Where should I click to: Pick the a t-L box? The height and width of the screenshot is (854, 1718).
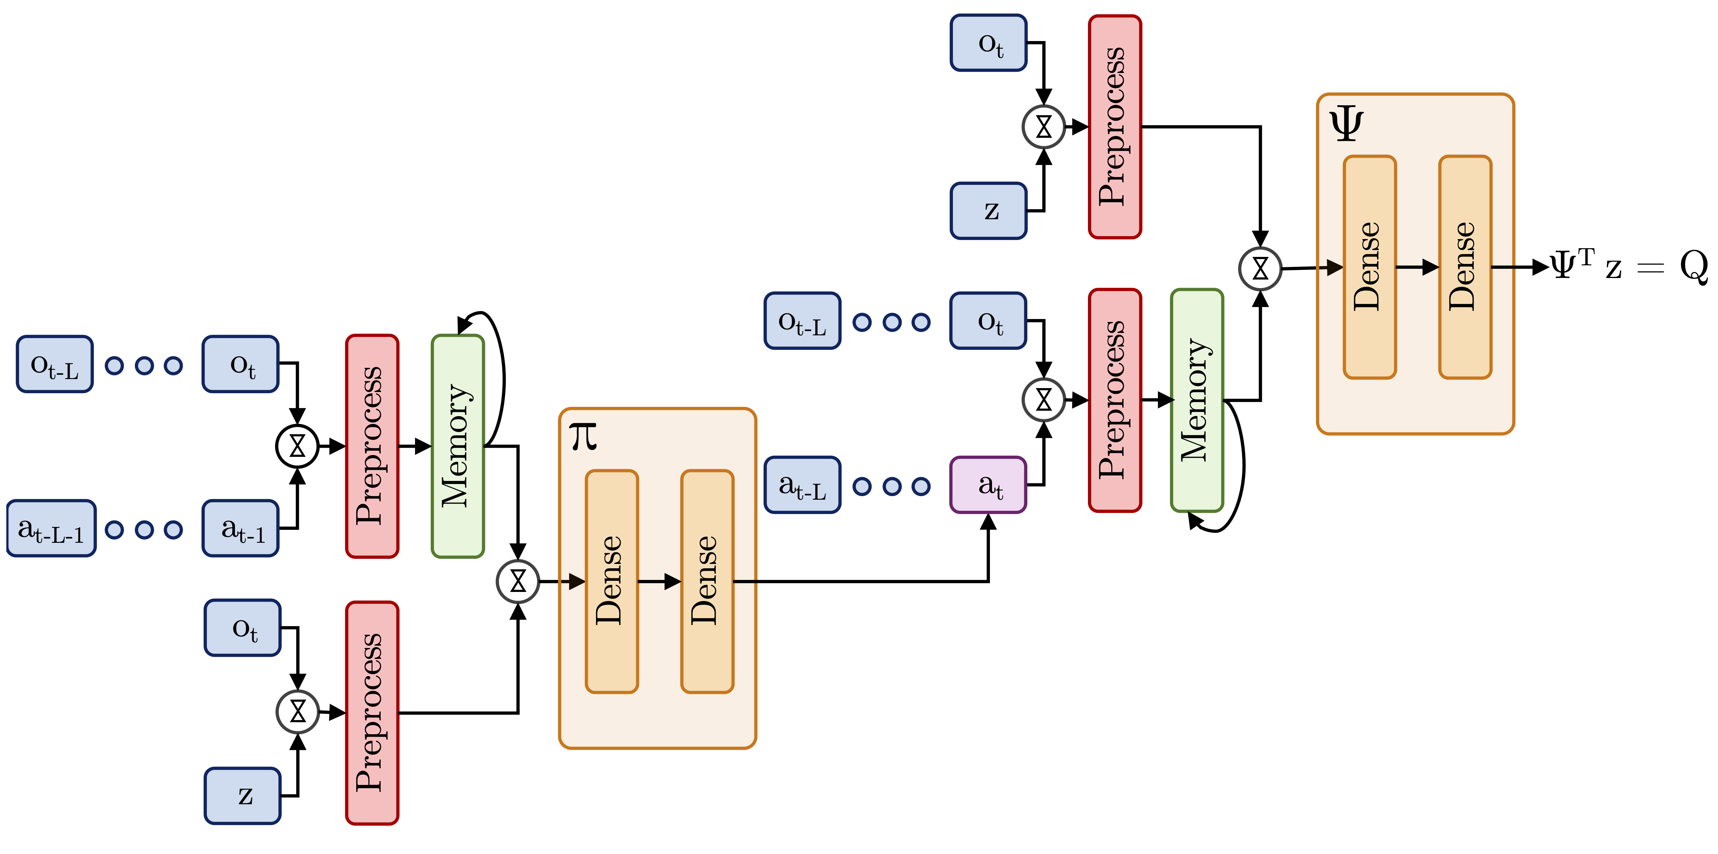[802, 485]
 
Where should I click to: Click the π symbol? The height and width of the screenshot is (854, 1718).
[583, 437]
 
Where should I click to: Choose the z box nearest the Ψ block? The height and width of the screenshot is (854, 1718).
[988, 211]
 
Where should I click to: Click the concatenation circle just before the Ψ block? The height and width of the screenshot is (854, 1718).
[1260, 269]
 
